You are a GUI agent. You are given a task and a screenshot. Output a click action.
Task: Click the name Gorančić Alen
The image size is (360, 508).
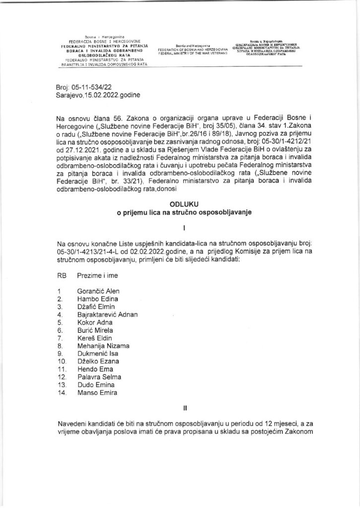tap(98, 291)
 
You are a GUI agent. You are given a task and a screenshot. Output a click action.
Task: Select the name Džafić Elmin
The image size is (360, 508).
tap(96, 307)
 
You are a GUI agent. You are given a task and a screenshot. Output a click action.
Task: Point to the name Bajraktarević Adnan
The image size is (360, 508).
tap(111, 315)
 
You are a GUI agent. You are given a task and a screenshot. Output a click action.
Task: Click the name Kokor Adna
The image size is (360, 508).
tap(94, 322)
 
